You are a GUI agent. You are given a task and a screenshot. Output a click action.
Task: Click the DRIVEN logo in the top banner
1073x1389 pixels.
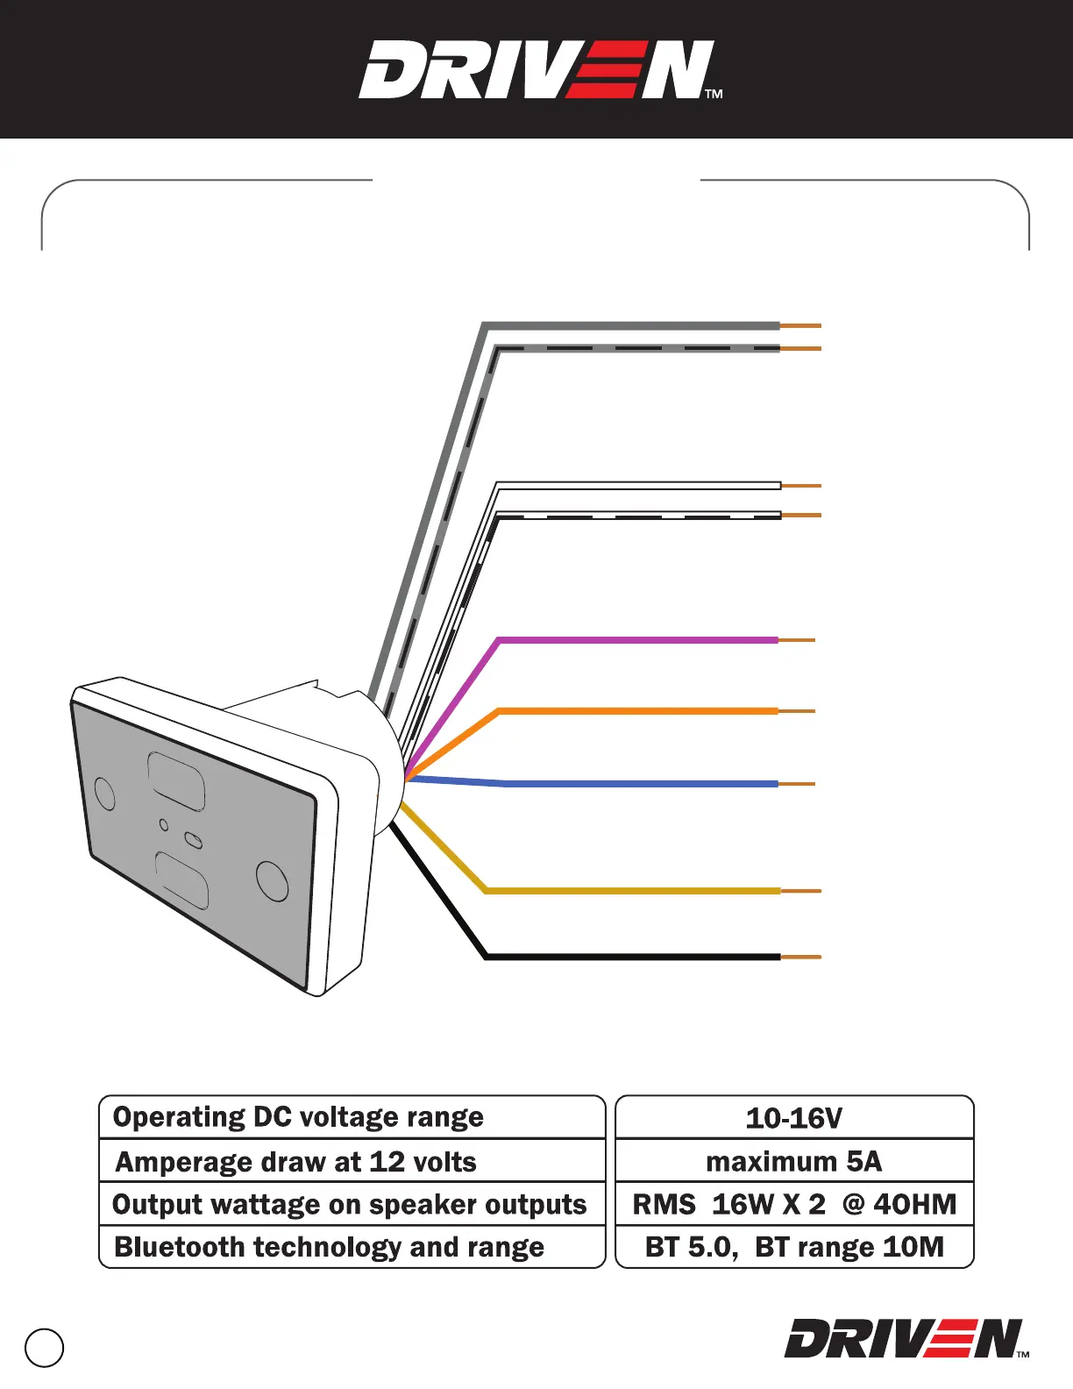pyautogui.click(x=536, y=70)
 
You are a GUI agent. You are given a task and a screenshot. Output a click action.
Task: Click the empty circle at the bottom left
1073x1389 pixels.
pyautogui.click(x=45, y=1348)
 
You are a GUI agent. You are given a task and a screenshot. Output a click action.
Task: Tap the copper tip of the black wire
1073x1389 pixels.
pyautogui.click(x=800, y=957)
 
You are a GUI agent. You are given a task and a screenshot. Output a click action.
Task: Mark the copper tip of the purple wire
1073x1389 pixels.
pyautogui.click(x=796, y=641)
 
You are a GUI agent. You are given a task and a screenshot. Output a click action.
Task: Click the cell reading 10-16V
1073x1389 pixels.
pyautogui.click(x=794, y=1118)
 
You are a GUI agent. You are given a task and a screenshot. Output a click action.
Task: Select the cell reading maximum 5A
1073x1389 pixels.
pyautogui.click(x=794, y=1161)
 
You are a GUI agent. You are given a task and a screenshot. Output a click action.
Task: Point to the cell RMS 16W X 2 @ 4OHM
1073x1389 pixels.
pyautogui.click(x=794, y=1204)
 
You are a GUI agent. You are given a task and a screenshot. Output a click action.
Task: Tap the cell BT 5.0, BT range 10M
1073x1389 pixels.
pyautogui.click(x=794, y=1247)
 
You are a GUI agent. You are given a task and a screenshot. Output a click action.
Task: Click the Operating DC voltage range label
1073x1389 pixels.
pyautogui.click(x=298, y=1117)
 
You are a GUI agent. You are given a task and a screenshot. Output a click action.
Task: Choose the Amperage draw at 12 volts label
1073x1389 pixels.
pyautogui.click(x=296, y=1162)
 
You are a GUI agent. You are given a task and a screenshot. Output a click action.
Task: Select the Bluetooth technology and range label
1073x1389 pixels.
pyautogui.click(x=329, y=1247)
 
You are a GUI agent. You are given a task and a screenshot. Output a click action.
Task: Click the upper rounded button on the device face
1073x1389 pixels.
pyautogui.click(x=176, y=780)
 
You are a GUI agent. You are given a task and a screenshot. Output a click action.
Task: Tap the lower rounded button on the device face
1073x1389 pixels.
pyautogui.click(x=182, y=880)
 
